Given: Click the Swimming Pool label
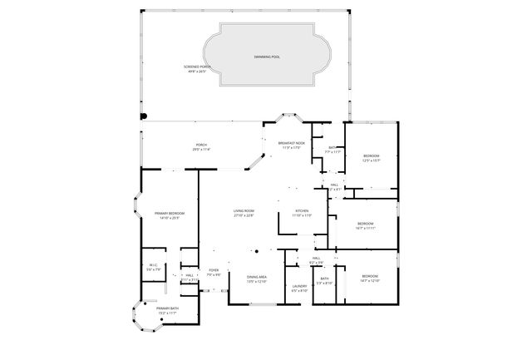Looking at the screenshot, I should click(267, 57).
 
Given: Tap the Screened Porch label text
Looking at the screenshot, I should click(199, 69).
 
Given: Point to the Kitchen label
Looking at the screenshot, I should click(303, 213).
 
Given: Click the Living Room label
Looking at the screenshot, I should click(243, 214).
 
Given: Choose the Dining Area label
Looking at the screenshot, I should click(256, 279).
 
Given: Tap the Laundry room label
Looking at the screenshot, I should click(300, 288).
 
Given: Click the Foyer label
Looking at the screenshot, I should click(214, 272).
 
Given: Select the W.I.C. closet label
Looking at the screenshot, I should click(152, 269).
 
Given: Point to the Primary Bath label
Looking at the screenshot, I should click(168, 311).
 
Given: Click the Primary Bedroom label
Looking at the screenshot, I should click(171, 216).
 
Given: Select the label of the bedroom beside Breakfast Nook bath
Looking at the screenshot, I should click(371, 158).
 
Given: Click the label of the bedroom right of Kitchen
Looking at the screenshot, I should click(365, 225).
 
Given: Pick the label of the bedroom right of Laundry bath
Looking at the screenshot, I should click(370, 279).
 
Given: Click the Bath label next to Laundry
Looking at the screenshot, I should click(324, 281).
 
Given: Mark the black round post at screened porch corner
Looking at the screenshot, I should click(142, 116).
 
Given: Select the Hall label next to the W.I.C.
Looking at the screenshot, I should click(190, 277).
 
